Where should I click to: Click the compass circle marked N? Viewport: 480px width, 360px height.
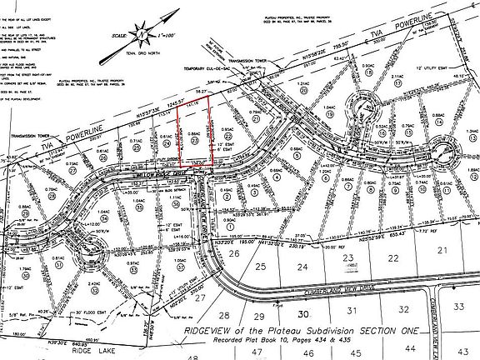[143, 35]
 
